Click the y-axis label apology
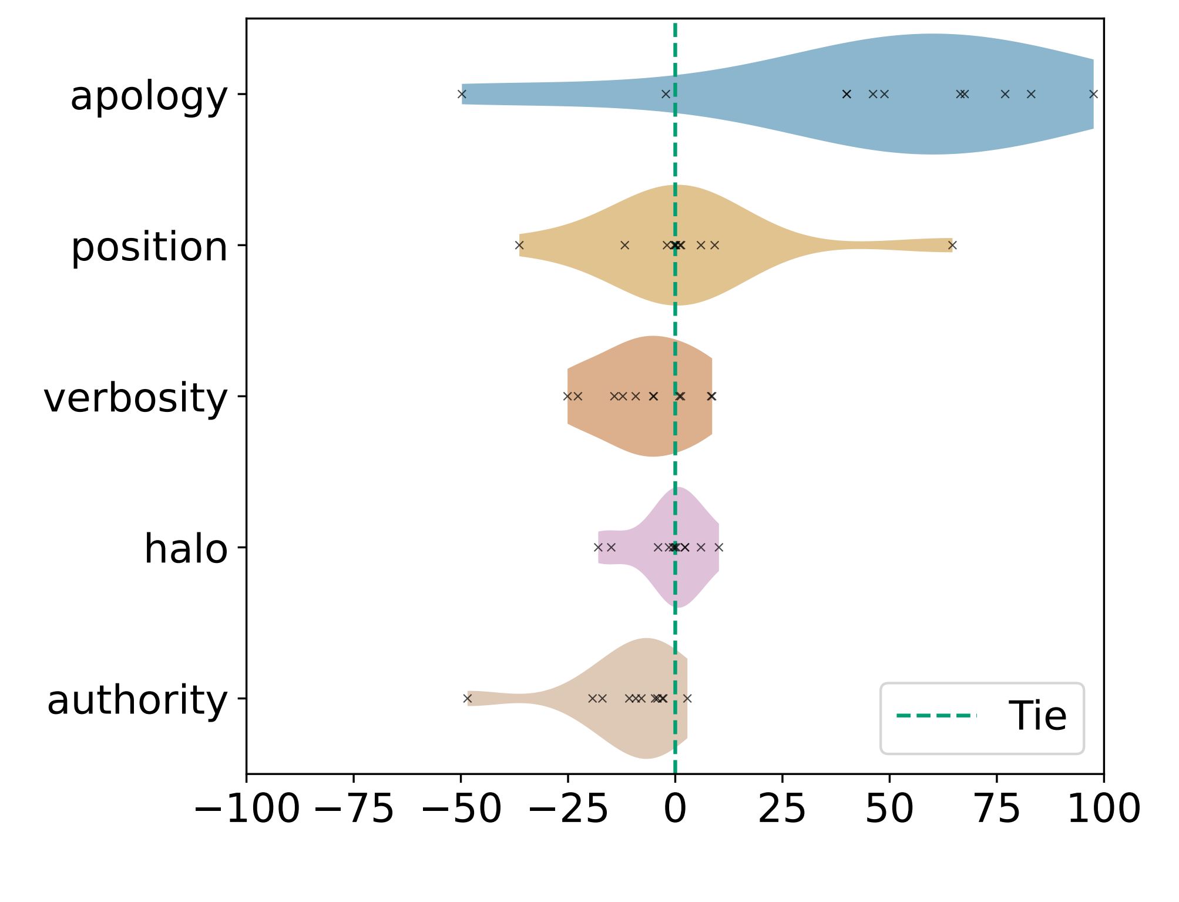(149, 96)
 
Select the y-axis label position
(149, 247)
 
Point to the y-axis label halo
(186, 549)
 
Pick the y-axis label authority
(137, 700)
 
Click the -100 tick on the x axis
(247, 809)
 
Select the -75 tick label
(354, 809)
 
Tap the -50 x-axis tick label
(461, 809)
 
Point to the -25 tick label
(568, 809)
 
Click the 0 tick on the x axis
(675, 809)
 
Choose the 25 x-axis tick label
(782, 809)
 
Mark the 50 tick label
(889, 809)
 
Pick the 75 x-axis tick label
(997, 809)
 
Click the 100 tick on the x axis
(1103, 809)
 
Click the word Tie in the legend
(1037, 716)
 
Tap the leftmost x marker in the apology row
(462, 94)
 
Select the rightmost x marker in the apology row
(1093, 94)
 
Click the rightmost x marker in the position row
(952, 245)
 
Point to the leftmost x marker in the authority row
(468, 698)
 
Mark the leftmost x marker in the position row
(519, 245)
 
